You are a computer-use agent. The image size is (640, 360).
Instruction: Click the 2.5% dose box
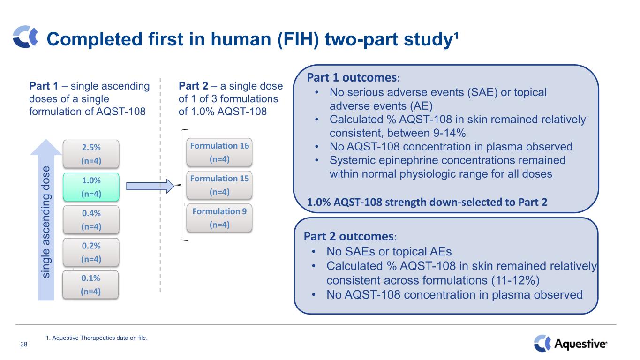(90, 154)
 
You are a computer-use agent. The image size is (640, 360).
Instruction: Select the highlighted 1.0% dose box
(90, 187)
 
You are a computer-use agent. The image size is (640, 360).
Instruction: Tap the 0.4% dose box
(90, 219)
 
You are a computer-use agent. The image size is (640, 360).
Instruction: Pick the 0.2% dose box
(90, 252)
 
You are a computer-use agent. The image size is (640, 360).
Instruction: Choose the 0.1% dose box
(90, 284)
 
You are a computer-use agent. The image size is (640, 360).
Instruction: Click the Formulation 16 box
(219, 152)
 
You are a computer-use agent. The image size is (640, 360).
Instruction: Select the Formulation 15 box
(219, 185)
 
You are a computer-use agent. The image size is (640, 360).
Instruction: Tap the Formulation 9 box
(219, 217)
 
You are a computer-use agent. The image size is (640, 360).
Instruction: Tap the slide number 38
(24, 345)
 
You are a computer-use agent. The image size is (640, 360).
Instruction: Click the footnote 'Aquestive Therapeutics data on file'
(97, 336)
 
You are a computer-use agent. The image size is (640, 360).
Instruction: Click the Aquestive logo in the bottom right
(571, 344)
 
